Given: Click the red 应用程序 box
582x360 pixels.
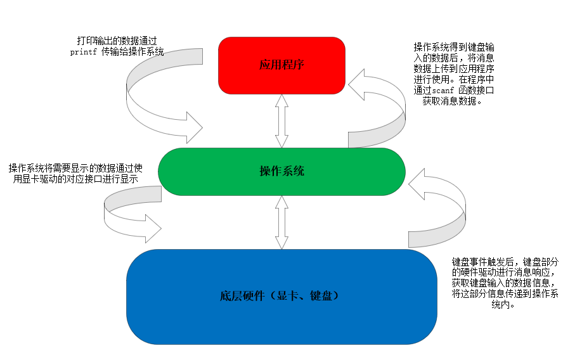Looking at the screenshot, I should point(281,65).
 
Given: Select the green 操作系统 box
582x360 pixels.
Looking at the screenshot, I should point(281,171).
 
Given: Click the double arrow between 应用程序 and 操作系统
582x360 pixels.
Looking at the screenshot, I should point(282,120).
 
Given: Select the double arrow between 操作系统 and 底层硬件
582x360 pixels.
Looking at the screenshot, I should point(281,222).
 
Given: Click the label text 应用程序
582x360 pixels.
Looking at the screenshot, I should point(281,65).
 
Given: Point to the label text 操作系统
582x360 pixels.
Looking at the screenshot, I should point(281,171).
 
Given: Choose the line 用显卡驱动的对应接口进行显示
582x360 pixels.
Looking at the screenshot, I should point(76,179).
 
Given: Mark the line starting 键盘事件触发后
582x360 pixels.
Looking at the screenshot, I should point(505,261).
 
